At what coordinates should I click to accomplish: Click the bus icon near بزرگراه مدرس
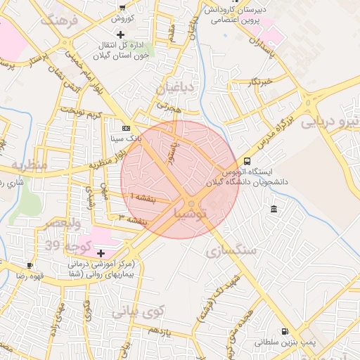pyautogui.click(x=245, y=162)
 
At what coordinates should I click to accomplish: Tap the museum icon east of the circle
pyautogui.click(x=273, y=209)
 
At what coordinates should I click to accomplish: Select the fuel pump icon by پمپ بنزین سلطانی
pyautogui.click(x=284, y=331)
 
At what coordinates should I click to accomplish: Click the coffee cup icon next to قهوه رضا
pyautogui.click(x=30, y=265)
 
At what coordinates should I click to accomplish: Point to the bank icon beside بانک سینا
pyautogui.click(x=126, y=129)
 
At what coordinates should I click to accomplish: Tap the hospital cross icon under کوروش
pyautogui.click(x=121, y=34)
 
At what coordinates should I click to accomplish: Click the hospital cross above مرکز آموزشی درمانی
pyautogui.click(x=101, y=253)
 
